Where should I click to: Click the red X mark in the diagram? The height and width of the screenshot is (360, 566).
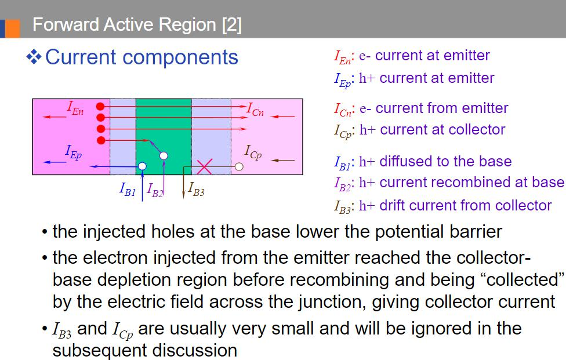click(x=204, y=167)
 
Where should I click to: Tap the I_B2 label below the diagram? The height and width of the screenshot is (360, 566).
click(x=155, y=189)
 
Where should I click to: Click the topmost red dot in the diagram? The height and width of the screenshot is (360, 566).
click(x=101, y=107)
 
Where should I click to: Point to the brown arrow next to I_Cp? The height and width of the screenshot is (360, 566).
click(x=284, y=159)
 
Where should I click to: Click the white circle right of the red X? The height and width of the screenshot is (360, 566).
click(x=238, y=167)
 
